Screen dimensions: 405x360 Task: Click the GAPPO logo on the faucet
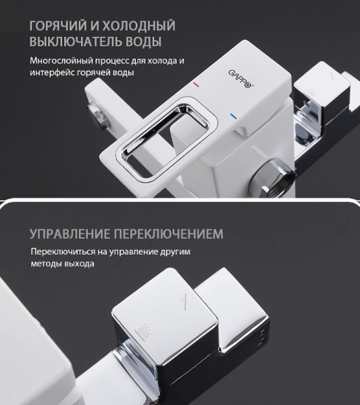(x=239, y=77)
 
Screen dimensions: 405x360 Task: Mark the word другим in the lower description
(x=174, y=251)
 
